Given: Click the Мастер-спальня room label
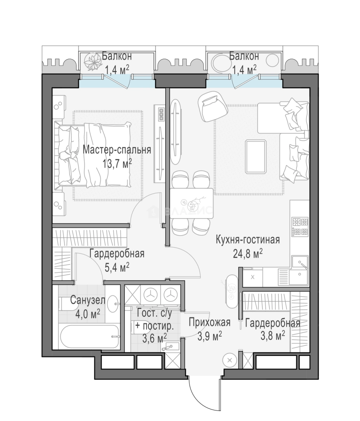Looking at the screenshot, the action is pyautogui.click(x=117, y=150).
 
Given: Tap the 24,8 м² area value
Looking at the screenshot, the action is pyautogui.click(x=247, y=253).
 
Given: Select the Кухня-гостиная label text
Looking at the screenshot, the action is pyautogui.click(x=248, y=239).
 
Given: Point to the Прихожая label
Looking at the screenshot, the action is pyautogui.click(x=210, y=322).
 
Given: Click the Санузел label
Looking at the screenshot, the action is pyautogui.click(x=88, y=301).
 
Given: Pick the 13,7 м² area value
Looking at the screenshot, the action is pyautogui.click(x=117, y=163).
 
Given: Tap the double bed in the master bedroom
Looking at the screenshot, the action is pyautogui.click(x=93, y=154).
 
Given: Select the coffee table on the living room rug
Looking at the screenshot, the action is pyautogui.click(x=256, y=157).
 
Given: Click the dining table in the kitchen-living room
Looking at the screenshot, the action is pyautogui.click(x=192, y=203).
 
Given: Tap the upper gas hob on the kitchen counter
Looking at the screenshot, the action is pyautogui.click(x=300, y=221).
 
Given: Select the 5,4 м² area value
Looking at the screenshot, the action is pyautogui.click(x=117, y=267).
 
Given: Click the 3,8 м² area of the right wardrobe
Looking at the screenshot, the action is pyautogui.click(x=272, y=336).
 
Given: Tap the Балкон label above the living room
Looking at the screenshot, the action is pyautogui.click(x=244, y=57).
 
